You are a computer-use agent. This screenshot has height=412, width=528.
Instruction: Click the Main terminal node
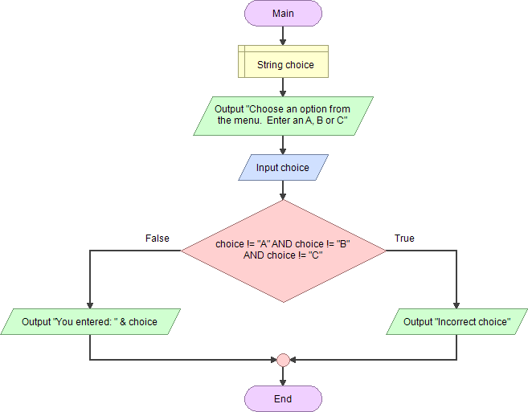(x=283, y=14)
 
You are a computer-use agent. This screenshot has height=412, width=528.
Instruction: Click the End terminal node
(x=283, y=398)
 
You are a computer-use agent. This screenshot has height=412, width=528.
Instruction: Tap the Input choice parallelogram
(x=283, y=168)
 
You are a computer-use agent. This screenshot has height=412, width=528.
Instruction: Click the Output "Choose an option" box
(x=283, y=116)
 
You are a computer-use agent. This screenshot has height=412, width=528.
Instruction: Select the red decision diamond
(x=283, y=251)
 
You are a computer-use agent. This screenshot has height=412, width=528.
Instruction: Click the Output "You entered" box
(x=89, y=322)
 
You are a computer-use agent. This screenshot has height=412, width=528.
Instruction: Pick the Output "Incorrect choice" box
(x=456, y=322)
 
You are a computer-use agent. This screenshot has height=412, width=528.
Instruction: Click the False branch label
(x=158, y=239)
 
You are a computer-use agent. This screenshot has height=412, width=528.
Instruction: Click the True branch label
(x=404, y=239)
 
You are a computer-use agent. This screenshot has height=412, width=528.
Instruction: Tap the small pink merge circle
(x=283, y=360)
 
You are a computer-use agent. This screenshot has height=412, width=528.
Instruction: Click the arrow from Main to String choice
(x=283, y=36)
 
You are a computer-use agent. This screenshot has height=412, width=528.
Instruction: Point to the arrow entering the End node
(x=283, y=377)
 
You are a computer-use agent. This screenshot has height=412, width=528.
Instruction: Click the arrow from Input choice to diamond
(x=283, y=190)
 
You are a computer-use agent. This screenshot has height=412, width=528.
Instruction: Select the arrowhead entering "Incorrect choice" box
(x=456, y=304)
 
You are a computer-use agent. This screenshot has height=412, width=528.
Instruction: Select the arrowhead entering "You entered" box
(x=89, y=304)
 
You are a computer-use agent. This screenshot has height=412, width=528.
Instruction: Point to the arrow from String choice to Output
(x=283, y=87)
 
